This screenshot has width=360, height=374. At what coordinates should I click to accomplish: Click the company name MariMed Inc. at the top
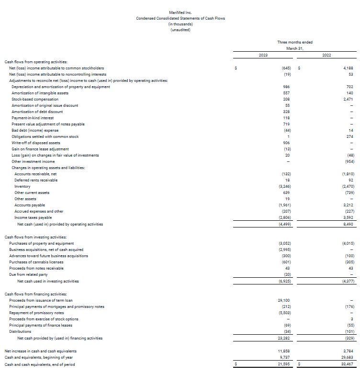point(180,12)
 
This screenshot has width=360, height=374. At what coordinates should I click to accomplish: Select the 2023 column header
point(263,56)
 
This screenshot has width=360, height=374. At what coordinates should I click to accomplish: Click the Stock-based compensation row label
point(35,99)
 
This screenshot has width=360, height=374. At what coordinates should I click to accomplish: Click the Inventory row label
point(22,186)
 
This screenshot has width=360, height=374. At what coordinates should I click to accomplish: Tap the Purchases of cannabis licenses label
point(36,262)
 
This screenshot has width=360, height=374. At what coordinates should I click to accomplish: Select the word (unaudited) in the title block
point(180,30)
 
